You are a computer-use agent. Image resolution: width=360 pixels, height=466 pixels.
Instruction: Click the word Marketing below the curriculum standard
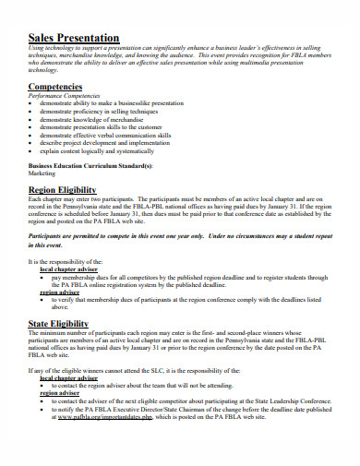pyautogui.click(x=42, y=172)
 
